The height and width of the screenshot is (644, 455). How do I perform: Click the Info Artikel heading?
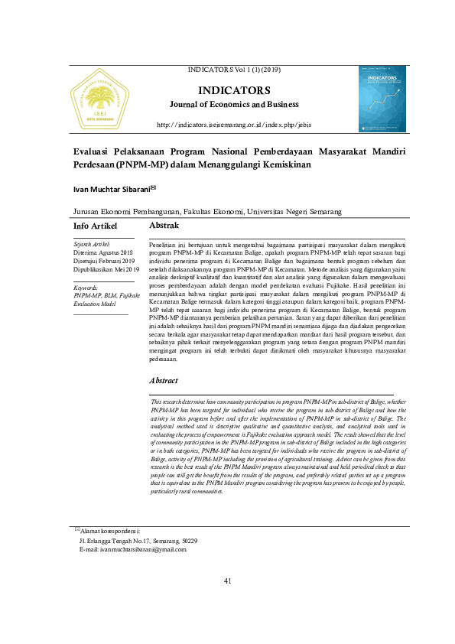click(95, 227)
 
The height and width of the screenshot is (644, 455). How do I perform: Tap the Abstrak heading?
click(164, 226)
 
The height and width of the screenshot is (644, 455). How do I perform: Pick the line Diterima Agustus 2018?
click(103, 252)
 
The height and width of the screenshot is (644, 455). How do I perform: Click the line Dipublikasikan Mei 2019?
click(106, 269)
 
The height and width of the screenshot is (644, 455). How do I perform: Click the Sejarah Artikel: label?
click(93, 244)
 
